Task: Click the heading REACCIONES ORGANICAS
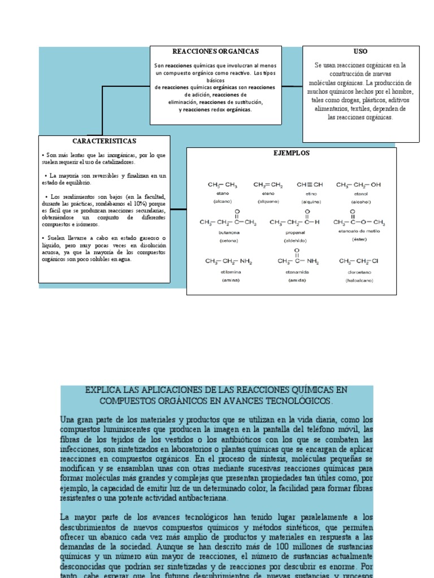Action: (x=215, y=51)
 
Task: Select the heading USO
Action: (x=361, y=51)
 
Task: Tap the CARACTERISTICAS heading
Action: (x=104, y=141)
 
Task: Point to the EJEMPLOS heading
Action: (x=292, y=153)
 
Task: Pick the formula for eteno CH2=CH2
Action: (x=268, y=185)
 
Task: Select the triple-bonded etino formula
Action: (x=310, y=185)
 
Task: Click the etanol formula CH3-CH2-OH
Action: (x=358, y=185)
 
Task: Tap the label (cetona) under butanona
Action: (x=222, y=240)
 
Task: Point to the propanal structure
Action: (x=295, y=220)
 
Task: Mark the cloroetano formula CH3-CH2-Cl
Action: (x=362, y=261)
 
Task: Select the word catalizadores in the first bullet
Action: (x=116, y=162)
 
